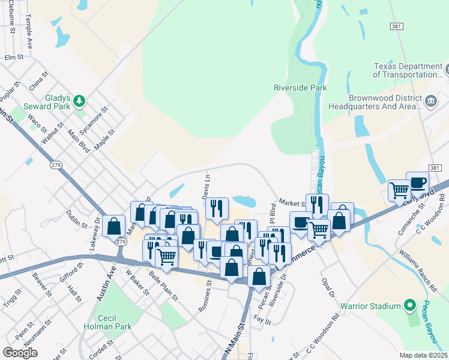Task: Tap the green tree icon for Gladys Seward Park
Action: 79,102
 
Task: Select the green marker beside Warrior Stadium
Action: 409,306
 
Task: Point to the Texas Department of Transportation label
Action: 407,70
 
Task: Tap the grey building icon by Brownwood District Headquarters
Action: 430,101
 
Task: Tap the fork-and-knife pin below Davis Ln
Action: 216,208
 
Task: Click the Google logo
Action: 20,352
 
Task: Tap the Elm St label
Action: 13,58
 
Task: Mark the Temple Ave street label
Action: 29,28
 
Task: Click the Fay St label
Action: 263,322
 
